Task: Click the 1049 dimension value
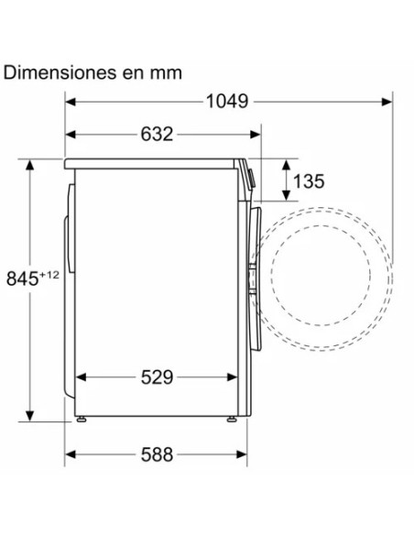point(227,102)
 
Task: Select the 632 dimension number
point(157,134)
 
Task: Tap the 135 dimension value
point(309,180)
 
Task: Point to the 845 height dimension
point(23,278)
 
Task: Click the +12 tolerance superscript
point(49,274)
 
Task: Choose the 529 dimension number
point(157,377)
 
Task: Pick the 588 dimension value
point(157,454)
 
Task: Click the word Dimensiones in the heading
point(60,72)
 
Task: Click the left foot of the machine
point(82,420)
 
